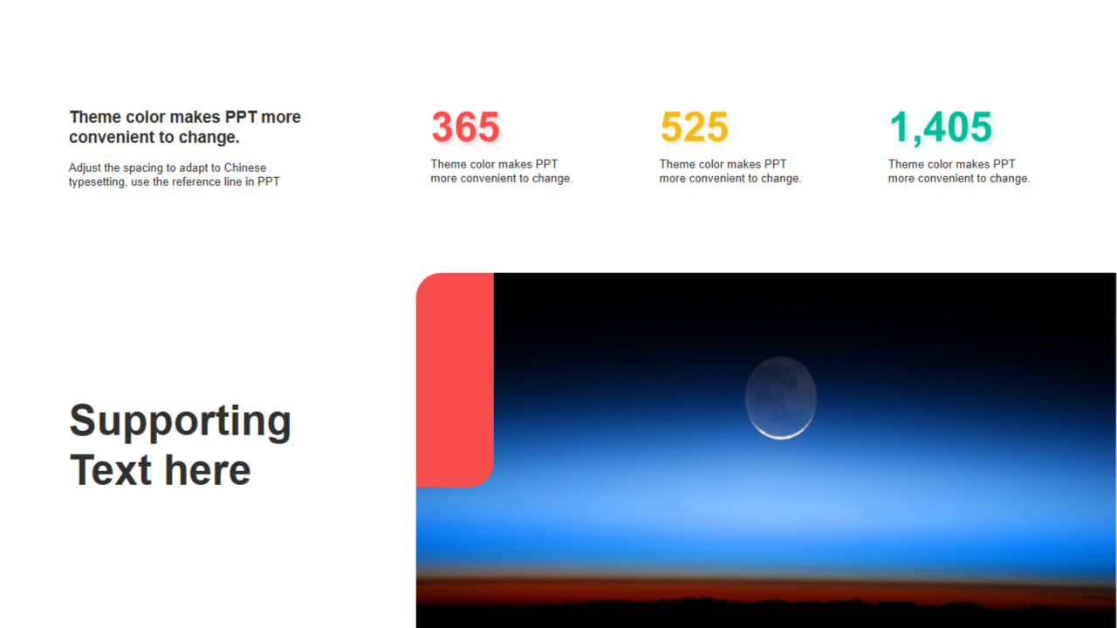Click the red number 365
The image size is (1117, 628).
465,126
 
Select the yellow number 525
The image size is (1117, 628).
694,126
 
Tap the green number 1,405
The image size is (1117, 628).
941,128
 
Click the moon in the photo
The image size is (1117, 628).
781,398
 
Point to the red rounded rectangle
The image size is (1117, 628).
455,379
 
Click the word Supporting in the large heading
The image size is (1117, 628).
181,421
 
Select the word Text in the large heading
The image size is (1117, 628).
111,470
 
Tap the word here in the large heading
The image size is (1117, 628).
208,471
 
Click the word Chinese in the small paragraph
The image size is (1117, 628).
245,167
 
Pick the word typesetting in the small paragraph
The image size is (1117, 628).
97,182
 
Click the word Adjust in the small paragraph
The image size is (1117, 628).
85,168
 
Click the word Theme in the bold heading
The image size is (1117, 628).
95,117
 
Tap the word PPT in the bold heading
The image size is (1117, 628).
241,117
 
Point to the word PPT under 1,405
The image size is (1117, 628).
1004,164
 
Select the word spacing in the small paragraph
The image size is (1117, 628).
142,168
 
